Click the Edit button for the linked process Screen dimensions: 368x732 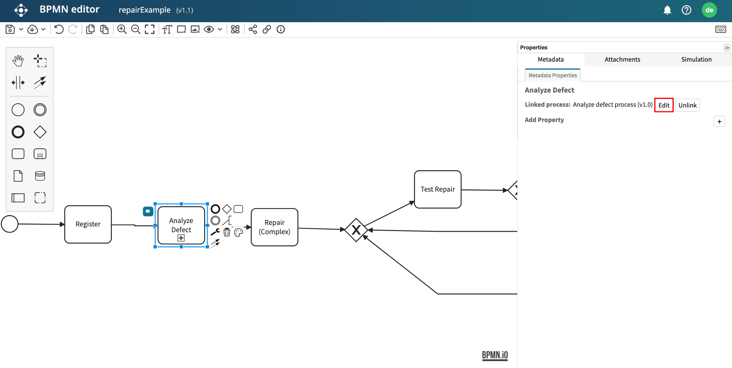tap(664, 105)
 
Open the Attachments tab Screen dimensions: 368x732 tap(622, 59)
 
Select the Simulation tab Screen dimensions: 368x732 tap(696, 59)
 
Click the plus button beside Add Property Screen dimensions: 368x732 tap(719, 122)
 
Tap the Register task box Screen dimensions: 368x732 tap(88, 224)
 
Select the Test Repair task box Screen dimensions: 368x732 tap(437, 189)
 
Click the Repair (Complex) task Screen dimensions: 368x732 tap(274, 227)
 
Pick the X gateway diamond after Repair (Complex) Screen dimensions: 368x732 tap(356, 230)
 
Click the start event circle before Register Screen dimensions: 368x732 tap(10, 224)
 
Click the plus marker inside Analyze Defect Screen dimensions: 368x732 tap(181, 238)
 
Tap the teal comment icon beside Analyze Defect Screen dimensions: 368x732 tap(148, 211)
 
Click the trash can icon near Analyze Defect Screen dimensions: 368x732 tap(227, 232)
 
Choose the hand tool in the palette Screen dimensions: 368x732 tap(18, 60)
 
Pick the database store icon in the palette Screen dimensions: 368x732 tap(40, 176)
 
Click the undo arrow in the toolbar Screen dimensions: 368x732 tap(59, 29)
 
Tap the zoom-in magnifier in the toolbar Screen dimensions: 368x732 tap(122, 29)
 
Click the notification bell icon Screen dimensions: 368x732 tap(667, 10)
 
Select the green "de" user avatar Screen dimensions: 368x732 tap(709, 10)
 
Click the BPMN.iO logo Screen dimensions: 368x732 tap(495, 355)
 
